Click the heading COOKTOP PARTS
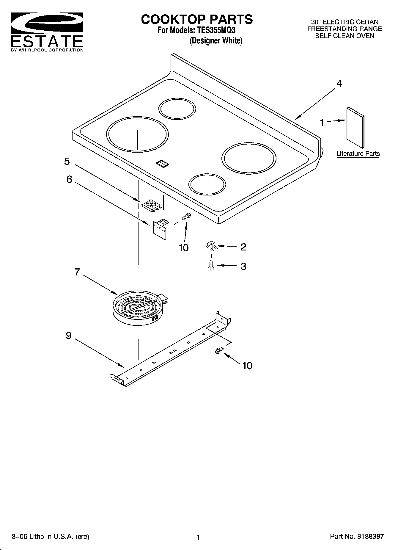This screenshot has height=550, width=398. pyautogui.click(x=197, y=19)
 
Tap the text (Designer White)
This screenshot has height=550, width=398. pyautogui.click(x=216, y=41)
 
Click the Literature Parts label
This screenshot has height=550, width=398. pyautogui.click(x=358, y=154)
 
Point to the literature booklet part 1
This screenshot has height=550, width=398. pyautogui.click(x=355, y=127)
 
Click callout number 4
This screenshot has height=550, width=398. pyautogui.click(x=339, y=84)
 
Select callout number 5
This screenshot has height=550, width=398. pyautogui.click(x=67, y=162)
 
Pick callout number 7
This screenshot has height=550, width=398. pyautogui.click(x=77, y=272)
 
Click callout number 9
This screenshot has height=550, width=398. pyautogui.click(x=69, y=336)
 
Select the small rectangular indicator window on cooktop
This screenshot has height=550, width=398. pyautogui.click(x=162, y=163)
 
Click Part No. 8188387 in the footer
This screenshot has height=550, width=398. pyautogui.click(x=357, y=537)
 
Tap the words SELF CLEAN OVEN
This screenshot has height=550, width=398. pyautogui.click(x=344, y=36)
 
